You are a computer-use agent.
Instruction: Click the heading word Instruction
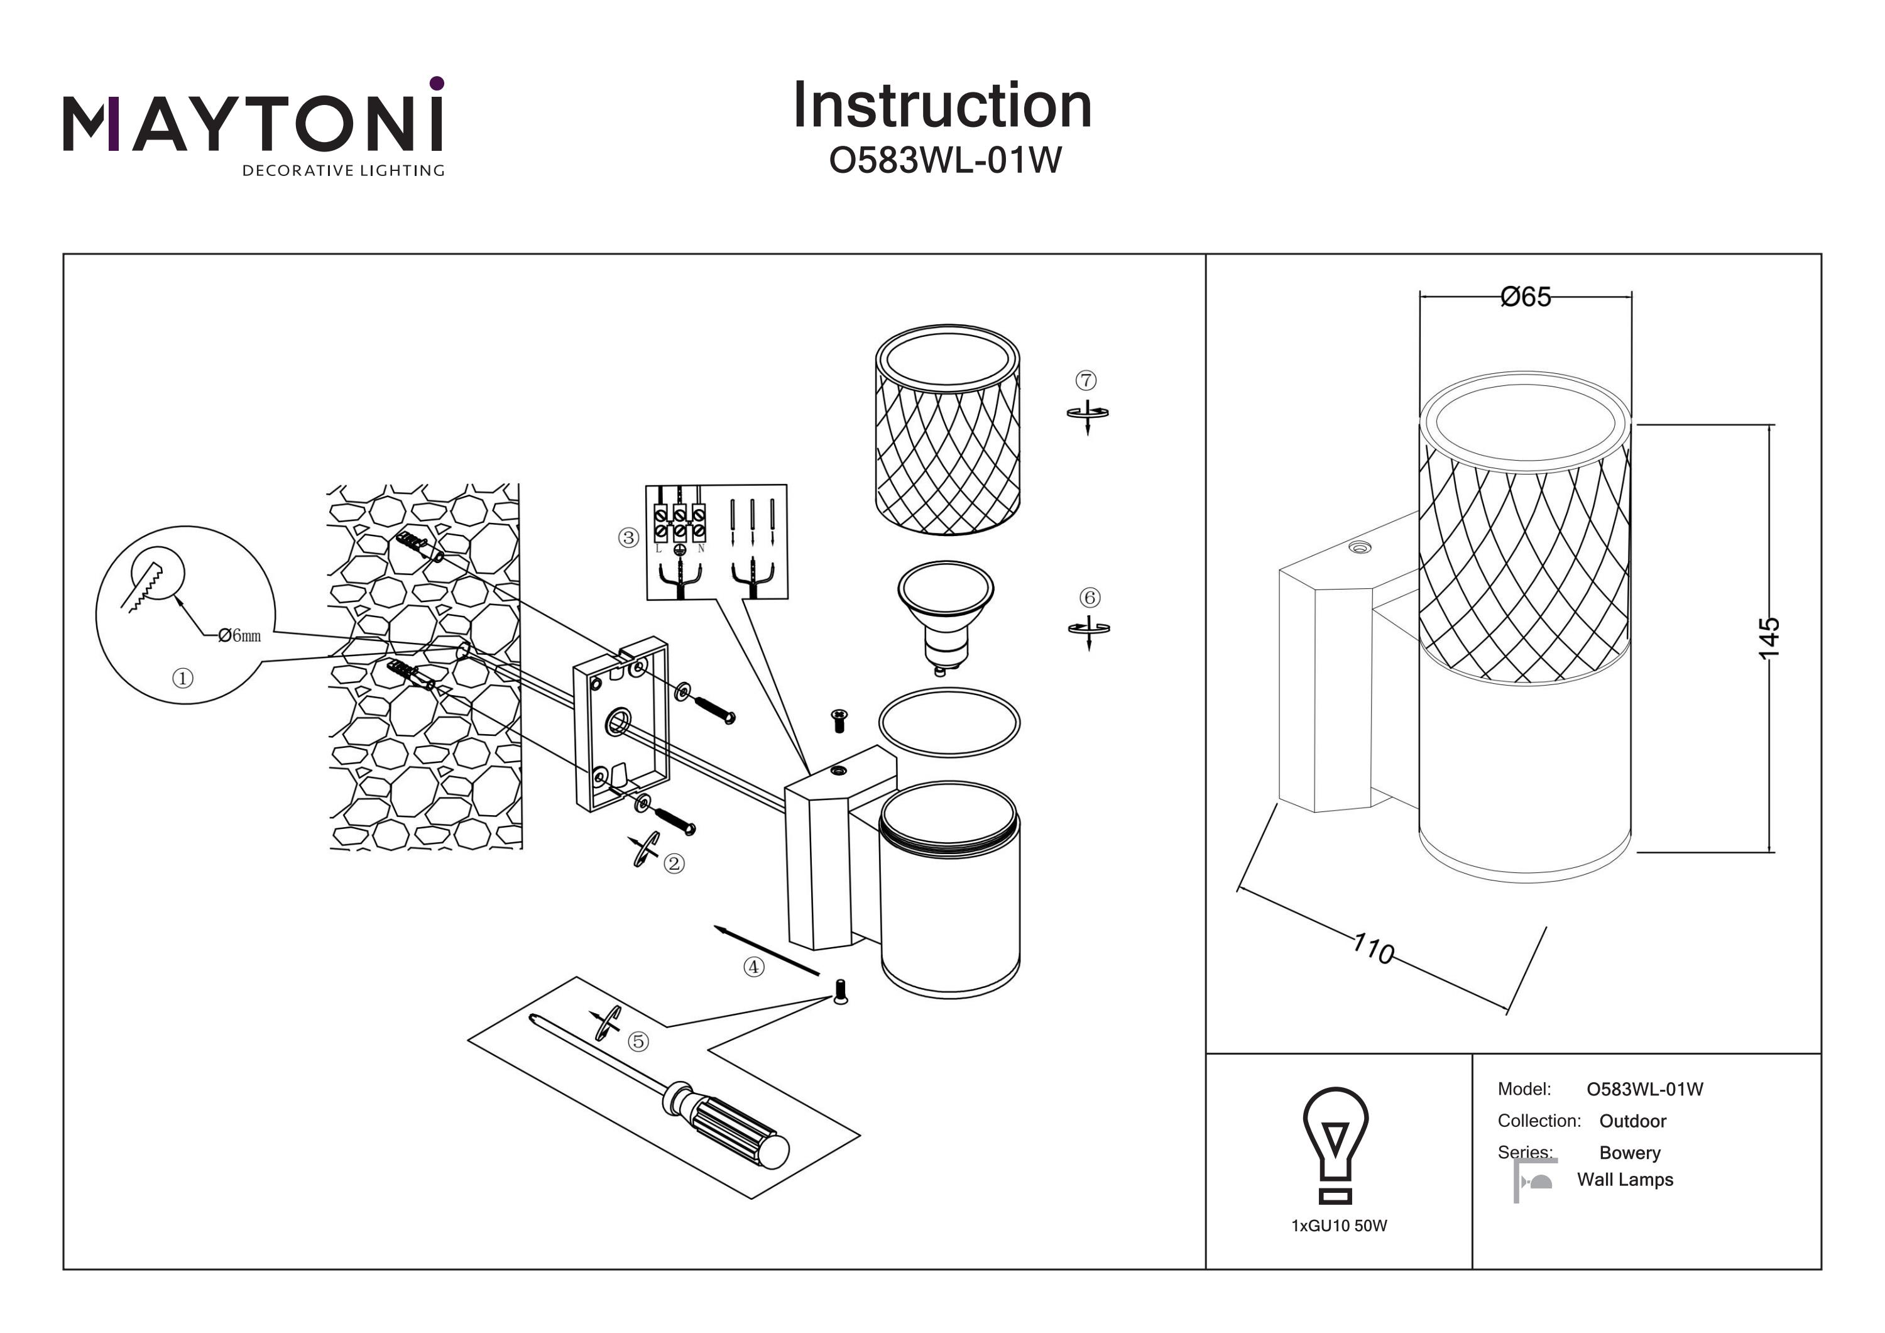click(942, 106)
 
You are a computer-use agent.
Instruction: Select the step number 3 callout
click(628, 538)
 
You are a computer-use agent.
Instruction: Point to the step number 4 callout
click(753, 967)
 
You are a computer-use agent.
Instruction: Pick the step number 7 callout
click(1086, 380)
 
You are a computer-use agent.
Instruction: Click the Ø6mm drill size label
click(240, 635)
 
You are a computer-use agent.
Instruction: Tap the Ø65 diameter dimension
click(1526, 297)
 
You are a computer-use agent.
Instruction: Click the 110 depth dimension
click(1374, 948)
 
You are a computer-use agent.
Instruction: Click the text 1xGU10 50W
click(1339, 1226)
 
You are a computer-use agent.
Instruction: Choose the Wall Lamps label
click(1625, 1180)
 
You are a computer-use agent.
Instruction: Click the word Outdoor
click(1632, 1121)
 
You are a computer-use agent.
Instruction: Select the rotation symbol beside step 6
click(1089, 630)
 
